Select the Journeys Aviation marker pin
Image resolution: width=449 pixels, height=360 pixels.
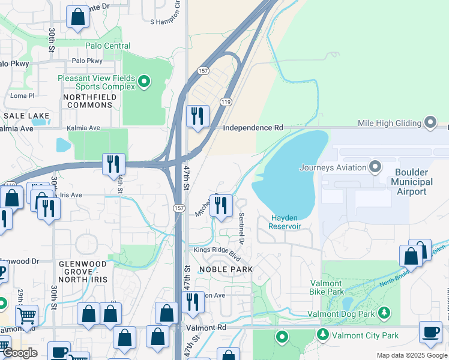(376, 167)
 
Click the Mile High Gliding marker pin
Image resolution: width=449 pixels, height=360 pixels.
(430, 122)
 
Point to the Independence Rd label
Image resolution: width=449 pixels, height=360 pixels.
(253, 128)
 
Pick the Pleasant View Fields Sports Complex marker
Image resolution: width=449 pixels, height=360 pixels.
(143, 82)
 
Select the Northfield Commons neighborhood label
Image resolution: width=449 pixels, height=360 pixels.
(89, 100)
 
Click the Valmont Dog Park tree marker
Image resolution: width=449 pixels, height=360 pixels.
(384, 313)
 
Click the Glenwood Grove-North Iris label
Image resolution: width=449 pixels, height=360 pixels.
(83, 268)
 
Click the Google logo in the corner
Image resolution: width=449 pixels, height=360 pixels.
(20, 353)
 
